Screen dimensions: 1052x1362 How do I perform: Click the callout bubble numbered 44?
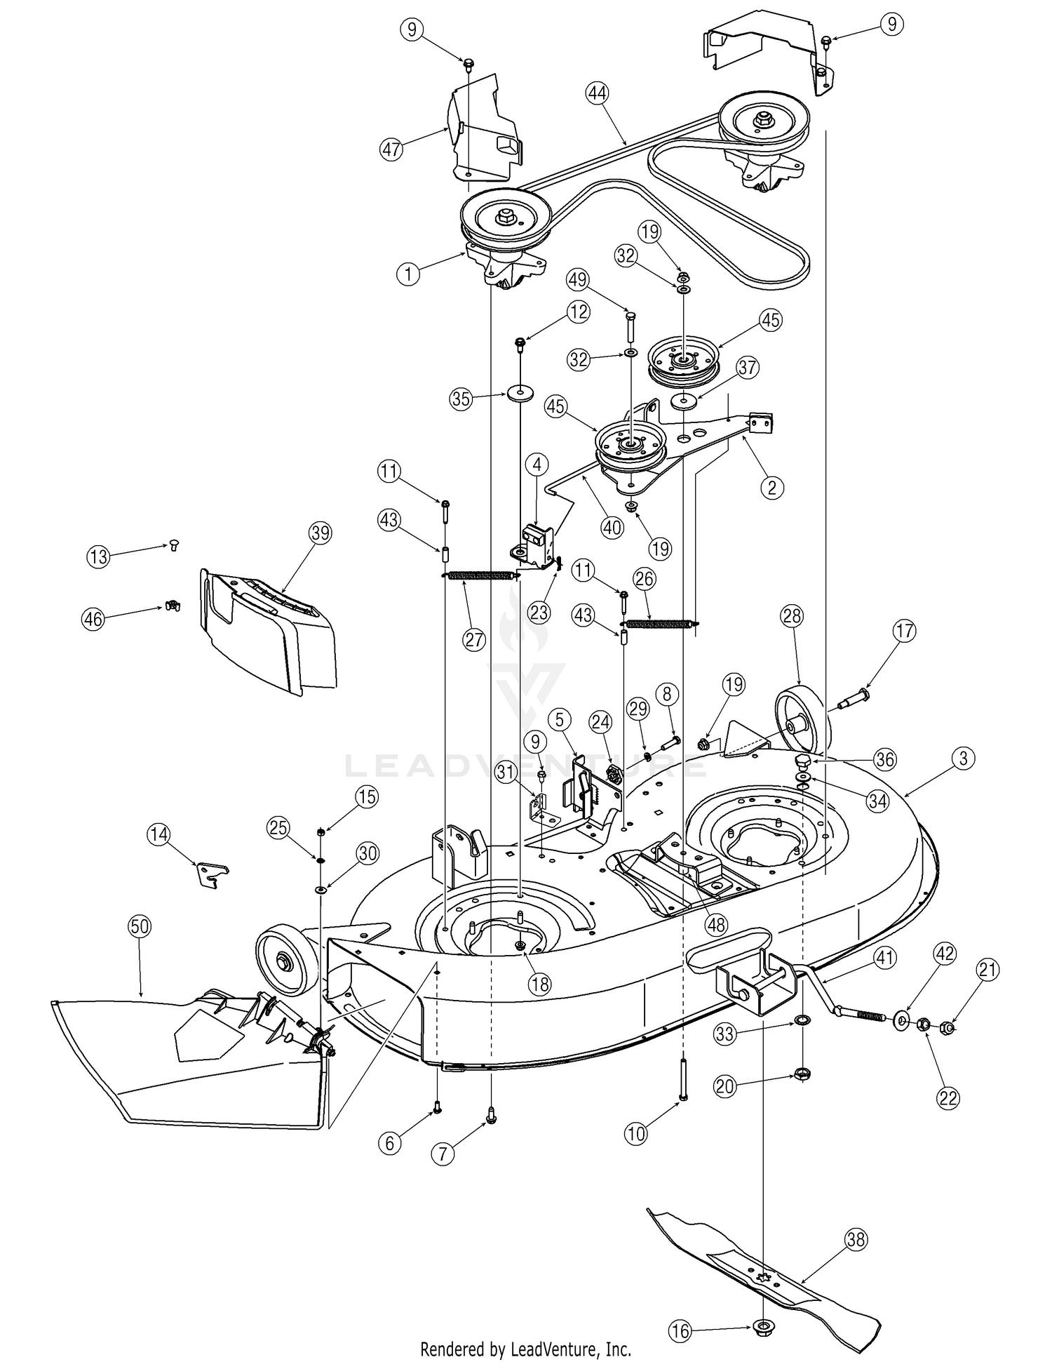598,93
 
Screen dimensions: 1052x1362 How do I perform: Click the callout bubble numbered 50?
140,926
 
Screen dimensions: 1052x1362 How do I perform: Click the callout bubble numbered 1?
408,274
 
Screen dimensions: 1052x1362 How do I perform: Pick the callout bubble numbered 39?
320,533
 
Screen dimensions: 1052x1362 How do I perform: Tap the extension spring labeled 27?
480,575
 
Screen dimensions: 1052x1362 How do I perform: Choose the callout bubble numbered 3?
964,759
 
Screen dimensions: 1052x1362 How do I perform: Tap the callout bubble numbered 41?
885,958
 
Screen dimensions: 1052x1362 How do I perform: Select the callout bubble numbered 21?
987,970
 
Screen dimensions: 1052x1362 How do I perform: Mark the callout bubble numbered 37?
748,368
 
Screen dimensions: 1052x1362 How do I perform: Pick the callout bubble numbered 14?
159,834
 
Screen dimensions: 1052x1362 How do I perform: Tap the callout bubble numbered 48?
716,926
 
